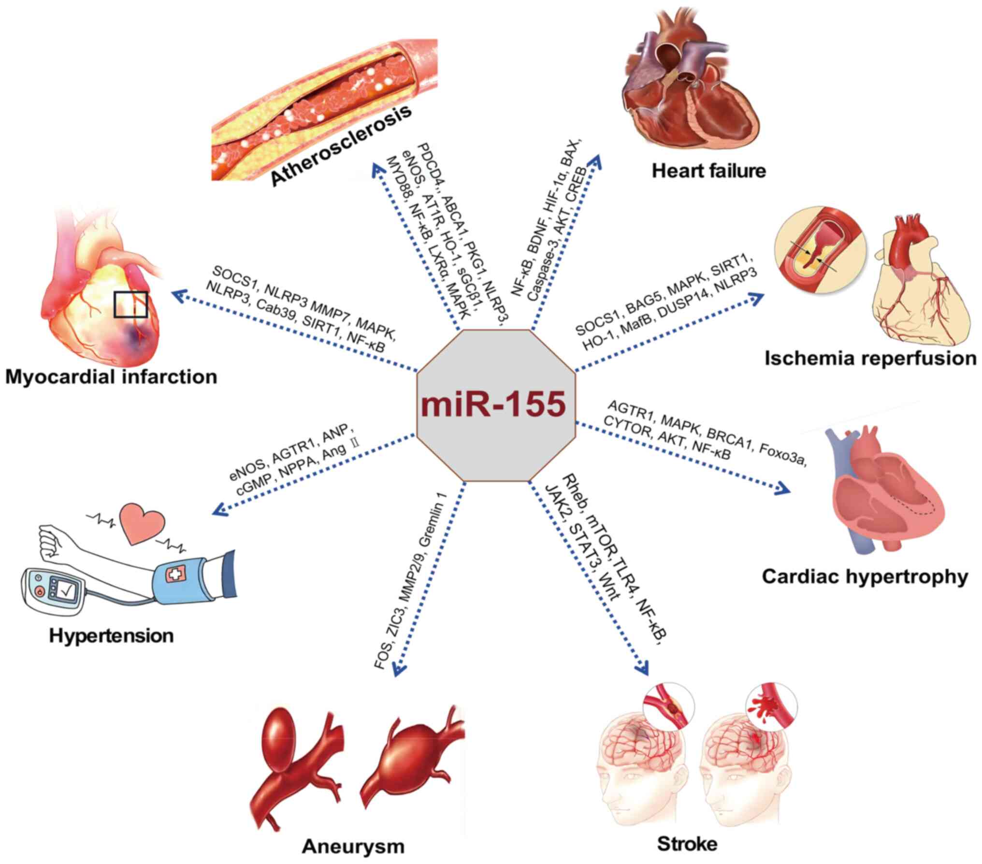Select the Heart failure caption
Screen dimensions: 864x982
(x=709, y=171)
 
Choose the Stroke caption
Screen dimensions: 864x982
(x=687, y=844)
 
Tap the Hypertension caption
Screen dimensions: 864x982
(x=111, y=634)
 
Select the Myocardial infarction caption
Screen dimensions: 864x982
(x=111, y=376)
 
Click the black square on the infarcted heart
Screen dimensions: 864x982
(x=130, y=304)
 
